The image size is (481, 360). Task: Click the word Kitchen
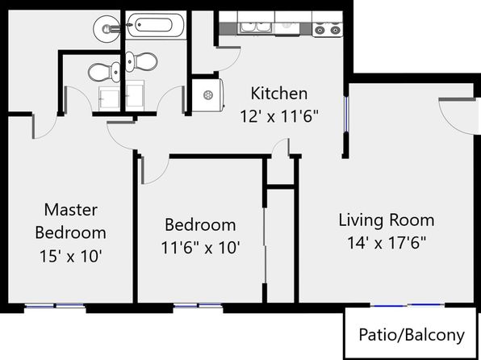pos(279,94)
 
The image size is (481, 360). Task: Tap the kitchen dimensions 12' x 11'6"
pos(279,116)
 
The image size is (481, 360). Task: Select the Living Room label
pos(387,220)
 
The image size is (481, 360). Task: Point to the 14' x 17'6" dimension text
pos(387,243)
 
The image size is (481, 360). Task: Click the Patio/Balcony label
pos(412,335)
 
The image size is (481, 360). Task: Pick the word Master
pos(71,210)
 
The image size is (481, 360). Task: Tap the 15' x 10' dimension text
pos(70,256)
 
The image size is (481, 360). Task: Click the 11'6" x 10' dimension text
pos(200,247)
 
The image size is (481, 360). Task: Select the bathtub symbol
pos(154,25)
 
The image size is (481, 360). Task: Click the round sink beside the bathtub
pos(107,28)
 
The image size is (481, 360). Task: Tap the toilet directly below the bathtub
pos(141,61)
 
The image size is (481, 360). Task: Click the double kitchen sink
pos(255,27)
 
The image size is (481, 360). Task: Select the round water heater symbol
pos(208,94)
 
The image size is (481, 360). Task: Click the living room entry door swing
pos(457,116)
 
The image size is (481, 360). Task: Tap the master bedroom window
pos(55,306)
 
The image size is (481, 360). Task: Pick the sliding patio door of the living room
pos(407,305)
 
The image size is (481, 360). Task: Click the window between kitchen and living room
pos(345,114)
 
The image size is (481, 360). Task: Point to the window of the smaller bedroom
pos(198,306)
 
